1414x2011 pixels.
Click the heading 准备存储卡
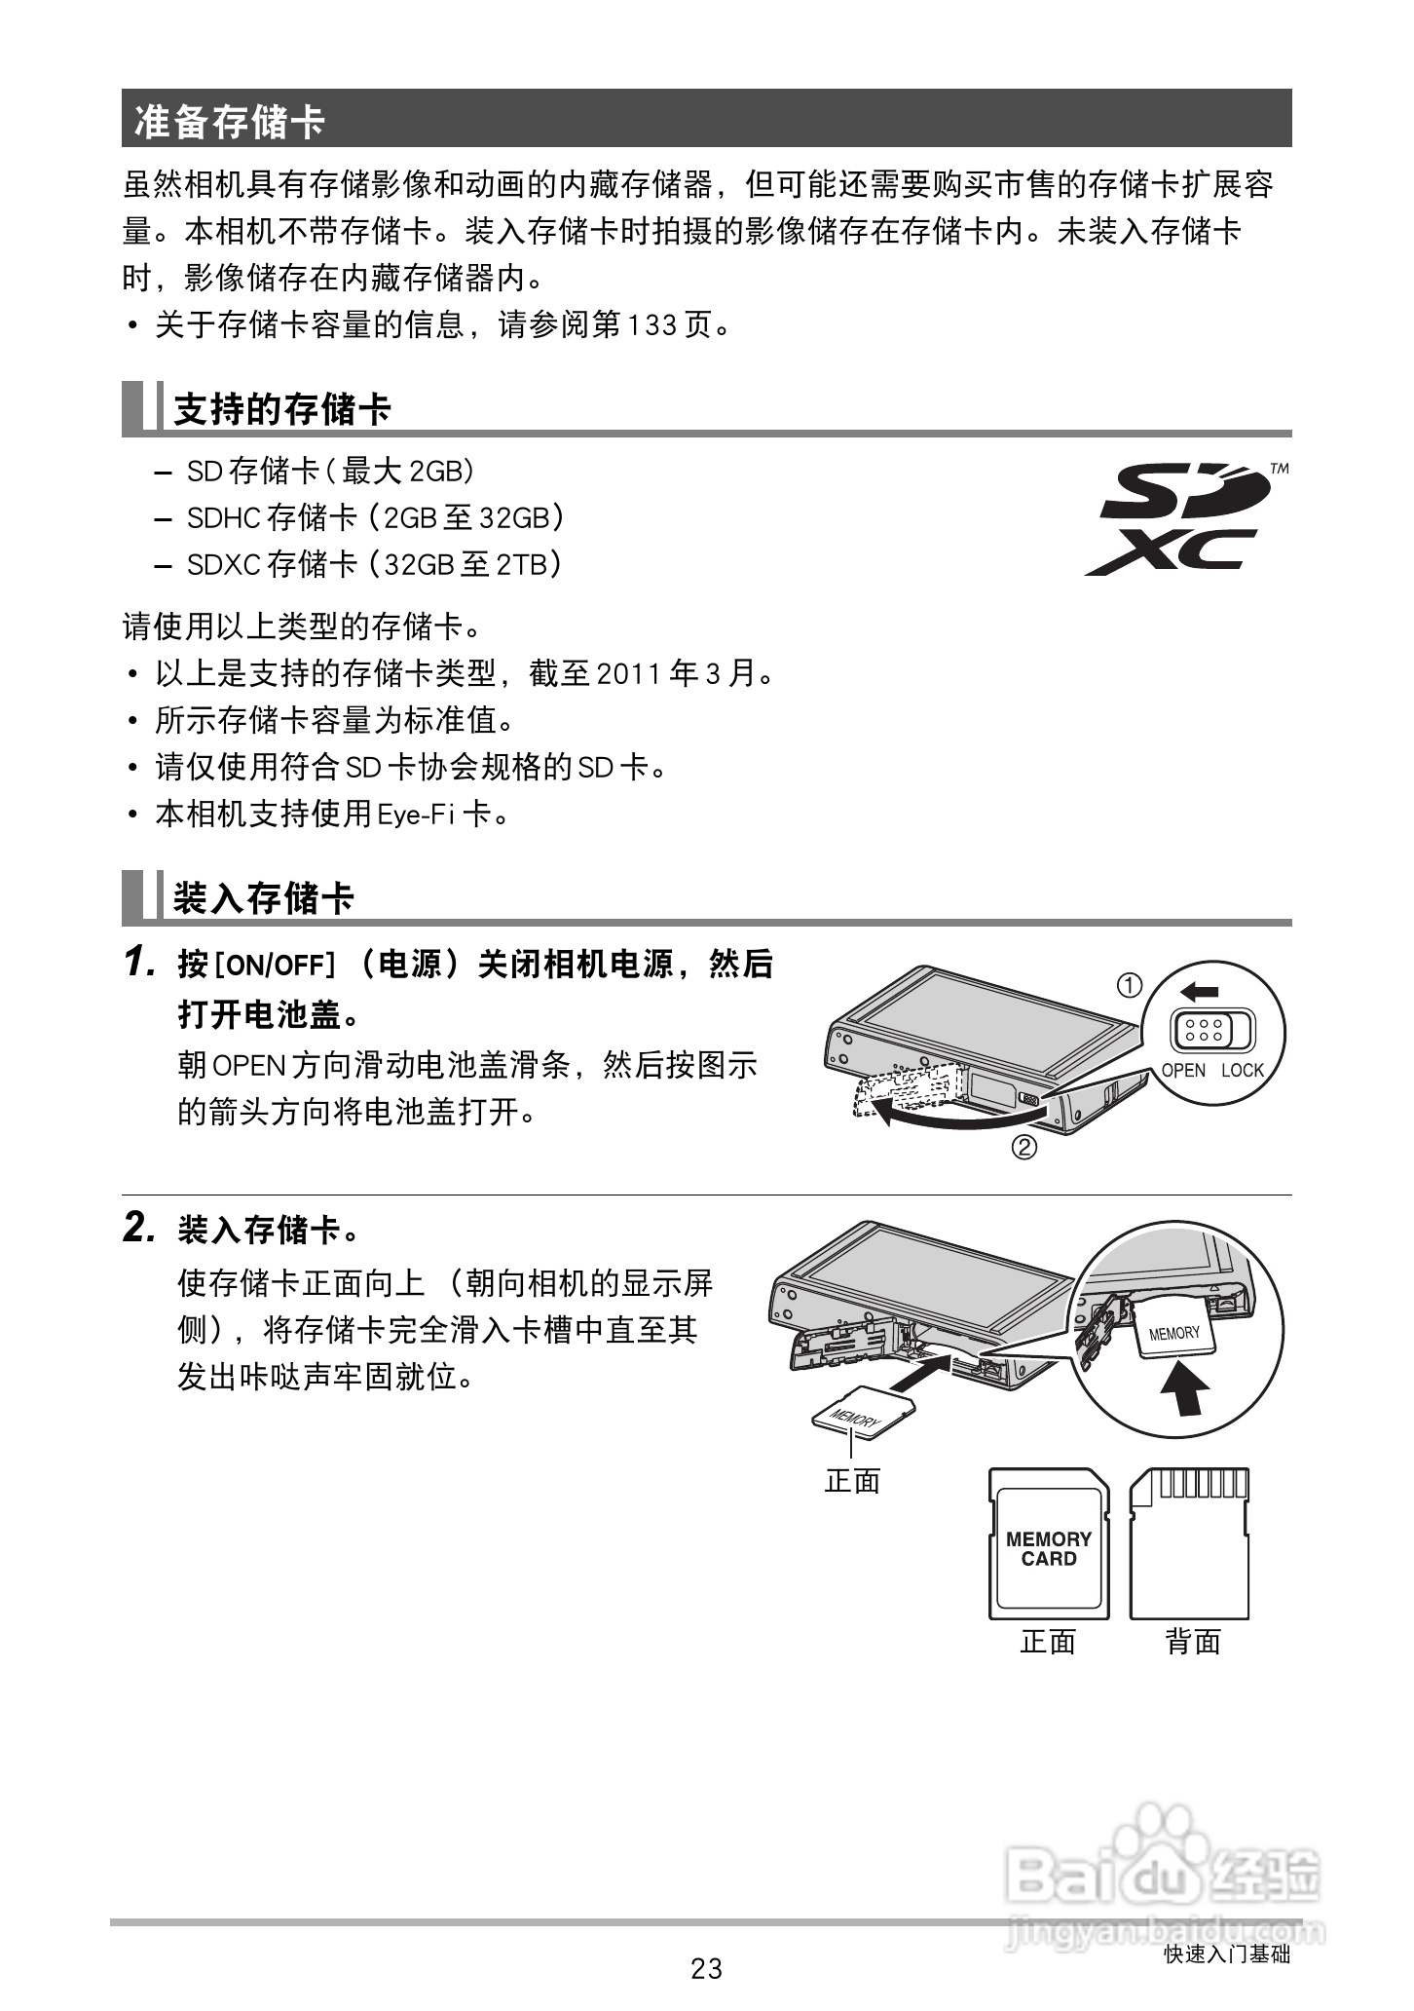[230, 121]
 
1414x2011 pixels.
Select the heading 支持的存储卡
[281, 409]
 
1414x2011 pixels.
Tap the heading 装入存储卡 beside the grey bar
[263, 897]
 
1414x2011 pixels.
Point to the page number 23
[706, 1968]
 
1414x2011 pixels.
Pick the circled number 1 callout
[1129, 986]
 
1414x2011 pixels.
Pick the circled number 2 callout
[1023, 1148]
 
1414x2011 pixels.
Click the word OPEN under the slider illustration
[1183, 1070]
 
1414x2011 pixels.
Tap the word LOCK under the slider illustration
[1242, 1070]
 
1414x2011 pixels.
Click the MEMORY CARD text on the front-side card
[1049, 1548]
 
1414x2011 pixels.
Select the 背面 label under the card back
[1193, 1642]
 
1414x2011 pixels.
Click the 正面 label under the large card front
[1048, 1642]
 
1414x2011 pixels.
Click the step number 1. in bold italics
[140, 963]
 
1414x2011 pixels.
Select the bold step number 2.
[140, 1228]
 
